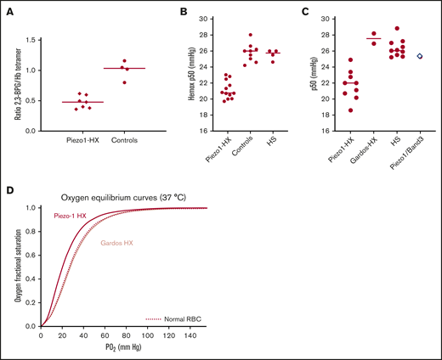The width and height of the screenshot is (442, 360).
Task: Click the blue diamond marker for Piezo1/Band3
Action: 420,56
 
